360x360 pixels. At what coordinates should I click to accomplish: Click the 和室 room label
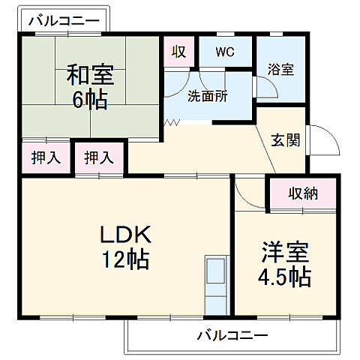point(91,75)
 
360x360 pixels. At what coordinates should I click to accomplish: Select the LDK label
point(127,235)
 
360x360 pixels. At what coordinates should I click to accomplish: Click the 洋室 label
point(286,251)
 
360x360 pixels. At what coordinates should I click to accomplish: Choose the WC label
point(224,52)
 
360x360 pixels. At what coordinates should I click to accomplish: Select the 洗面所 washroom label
point(208,96)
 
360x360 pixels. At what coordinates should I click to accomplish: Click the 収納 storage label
point(304,193)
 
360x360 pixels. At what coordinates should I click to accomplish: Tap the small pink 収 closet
point(179,52)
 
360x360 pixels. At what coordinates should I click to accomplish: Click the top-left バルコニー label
point(63,21)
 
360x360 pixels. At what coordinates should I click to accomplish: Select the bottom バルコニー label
point(232,334)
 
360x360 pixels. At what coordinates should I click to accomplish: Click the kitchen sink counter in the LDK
point(216,284)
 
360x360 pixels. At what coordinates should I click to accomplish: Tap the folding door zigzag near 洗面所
point(172,121)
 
